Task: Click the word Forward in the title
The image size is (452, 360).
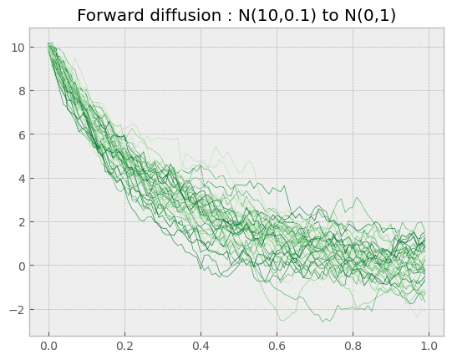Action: [x=110, y=15]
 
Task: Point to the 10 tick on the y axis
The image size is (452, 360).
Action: [x=18, y=48]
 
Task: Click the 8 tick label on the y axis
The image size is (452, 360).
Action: [x=22, y=91]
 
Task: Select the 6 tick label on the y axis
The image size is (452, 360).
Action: [x=22, y=134]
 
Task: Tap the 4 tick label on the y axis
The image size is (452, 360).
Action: [x=22, y=179]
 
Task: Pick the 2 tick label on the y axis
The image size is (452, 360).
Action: [x=22, y=222]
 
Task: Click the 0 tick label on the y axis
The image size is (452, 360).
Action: [x=22, y=266]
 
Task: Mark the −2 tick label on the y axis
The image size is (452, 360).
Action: [x=18, y=310]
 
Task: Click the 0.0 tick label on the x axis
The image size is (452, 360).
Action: [x=48, y=346]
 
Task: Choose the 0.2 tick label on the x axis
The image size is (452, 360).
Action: [x=124, y=346]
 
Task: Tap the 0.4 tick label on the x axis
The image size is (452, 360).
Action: [x=201, y=346]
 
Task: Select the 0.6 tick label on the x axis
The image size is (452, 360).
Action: [x=277, y=346]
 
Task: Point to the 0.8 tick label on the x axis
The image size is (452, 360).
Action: [x=353, y=346]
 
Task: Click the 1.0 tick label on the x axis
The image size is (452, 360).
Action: [x=429, y=346]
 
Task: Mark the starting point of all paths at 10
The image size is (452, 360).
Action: [x=49, y=46]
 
